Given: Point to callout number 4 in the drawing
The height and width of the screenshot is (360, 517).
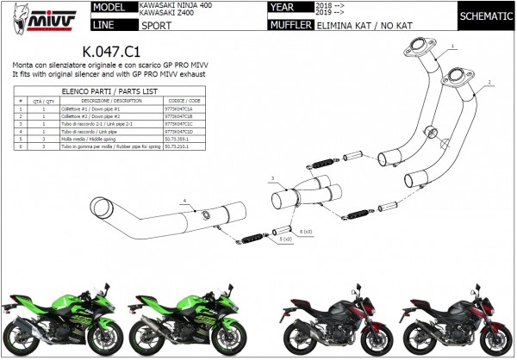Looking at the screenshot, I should tap(184, 201).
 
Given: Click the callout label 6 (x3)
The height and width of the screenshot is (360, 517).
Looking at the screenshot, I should tap(306, 233).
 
